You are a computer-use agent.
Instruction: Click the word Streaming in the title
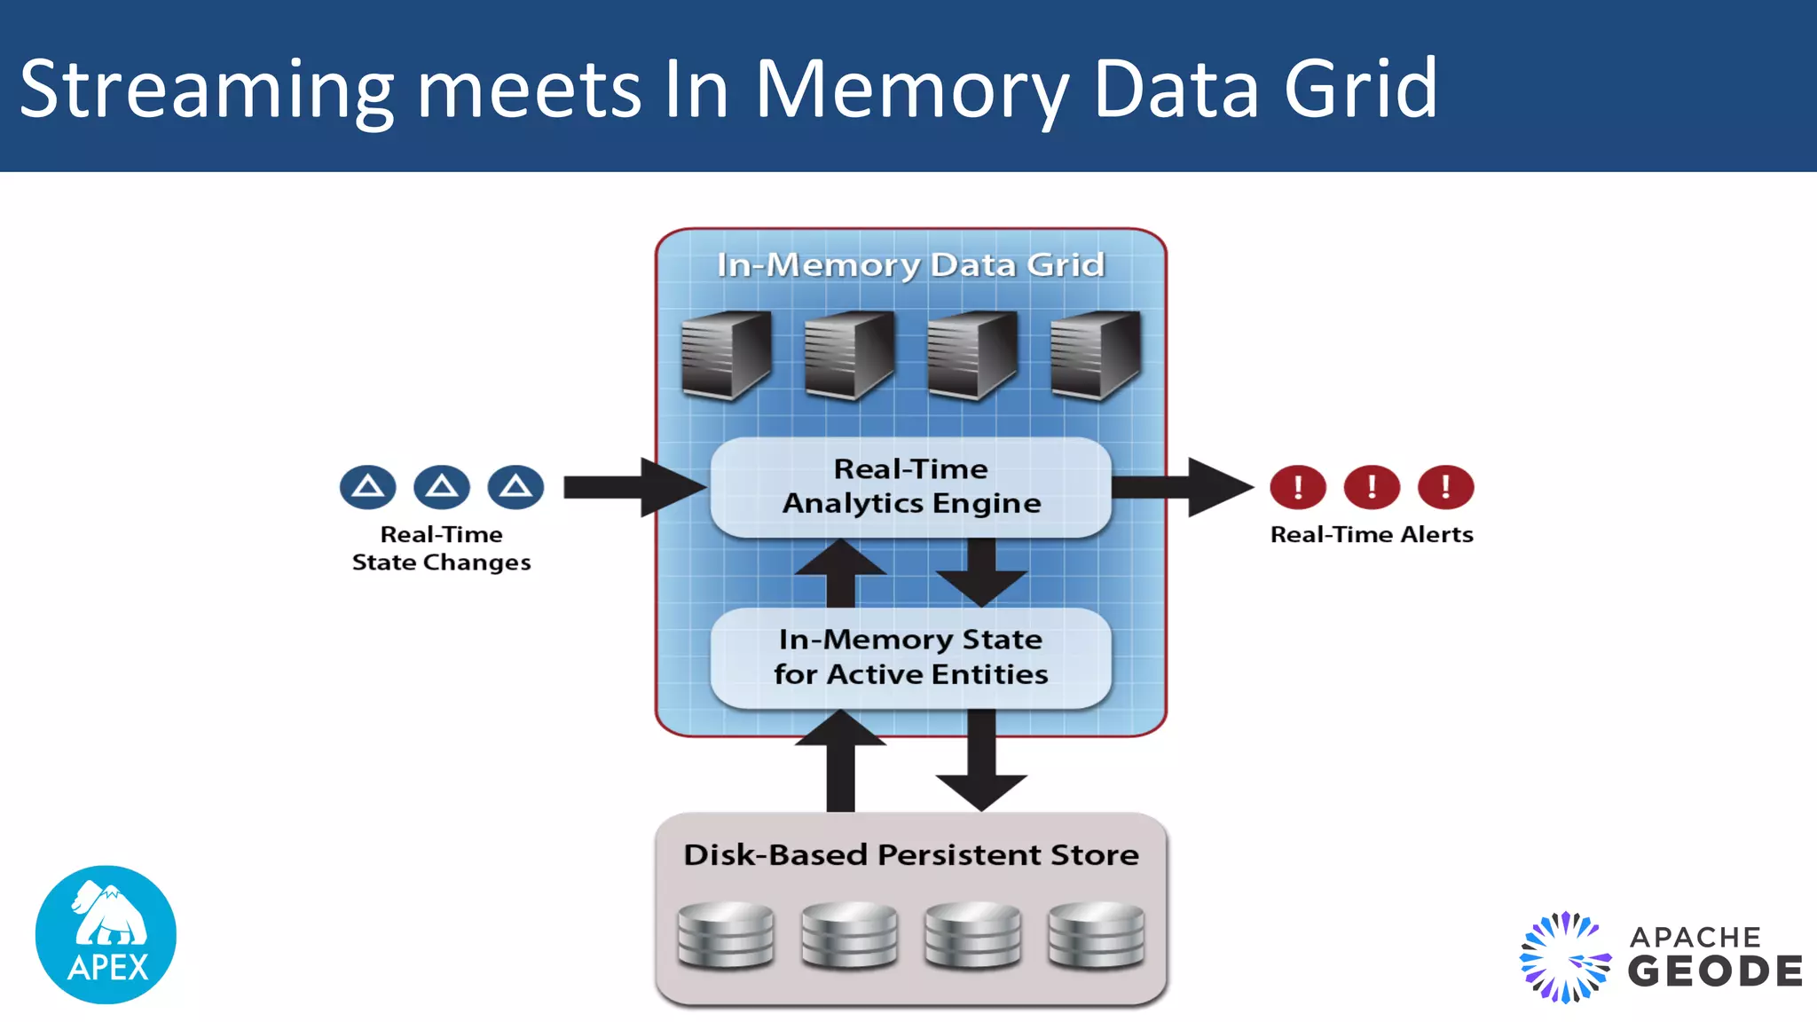click(x=206, y=89)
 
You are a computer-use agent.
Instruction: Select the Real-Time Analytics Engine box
click(x=910, y=486)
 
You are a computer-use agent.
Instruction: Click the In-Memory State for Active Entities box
click(x=910, y=657)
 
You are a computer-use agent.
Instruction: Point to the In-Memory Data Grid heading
click(x=910, y=264)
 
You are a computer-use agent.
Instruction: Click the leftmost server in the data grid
click(x=726, y=355)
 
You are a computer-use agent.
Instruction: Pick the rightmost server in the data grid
click(x=1095, y=355)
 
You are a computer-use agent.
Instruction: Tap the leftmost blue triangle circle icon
click(x=367, y=486)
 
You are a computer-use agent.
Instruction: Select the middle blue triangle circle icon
click(x=441, y=486)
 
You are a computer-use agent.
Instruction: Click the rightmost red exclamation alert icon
click(x=1445, y=486)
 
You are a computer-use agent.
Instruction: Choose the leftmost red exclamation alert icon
click(x=1297, y=486)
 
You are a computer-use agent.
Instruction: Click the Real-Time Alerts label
click(x=1372, y=534)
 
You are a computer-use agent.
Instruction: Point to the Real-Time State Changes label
click(x=441, y=548)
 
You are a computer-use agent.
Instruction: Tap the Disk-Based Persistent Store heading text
click(x=910, y=854)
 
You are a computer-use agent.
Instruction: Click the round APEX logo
click(x=106, y=934)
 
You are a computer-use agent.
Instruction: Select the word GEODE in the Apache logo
click(x=1715, y=971)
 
